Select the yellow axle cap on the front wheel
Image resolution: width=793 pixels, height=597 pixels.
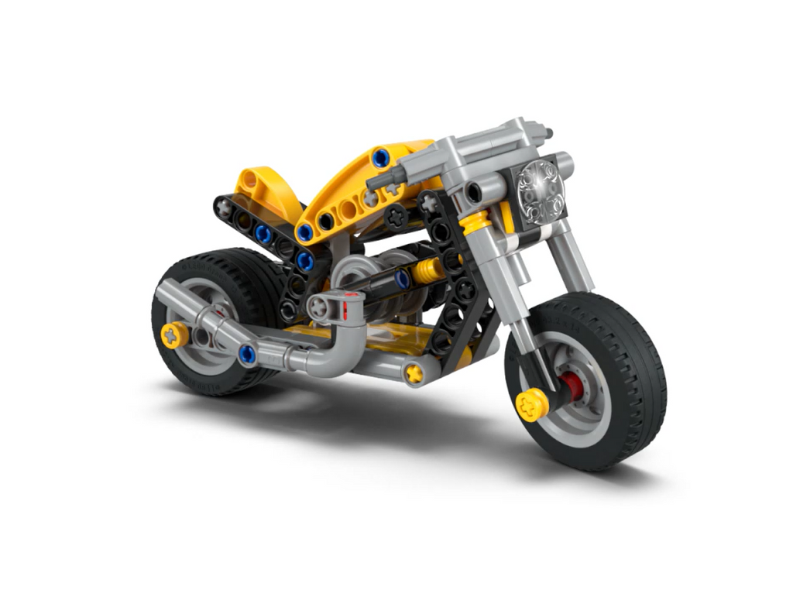point(531,403)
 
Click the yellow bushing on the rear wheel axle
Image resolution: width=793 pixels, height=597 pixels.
point(174,335)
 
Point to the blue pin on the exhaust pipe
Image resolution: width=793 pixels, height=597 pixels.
point(247,355)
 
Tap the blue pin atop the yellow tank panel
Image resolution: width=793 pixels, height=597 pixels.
point(379,159)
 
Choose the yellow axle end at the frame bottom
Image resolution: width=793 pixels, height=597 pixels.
point(414,373)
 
